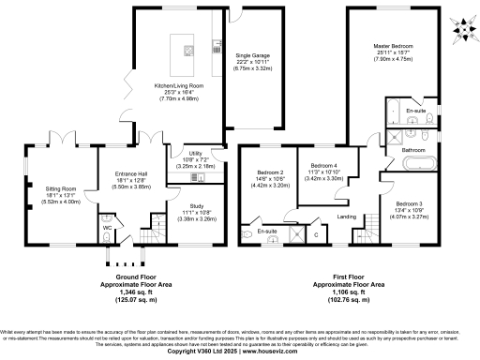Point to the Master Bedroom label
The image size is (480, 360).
[394, 46]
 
